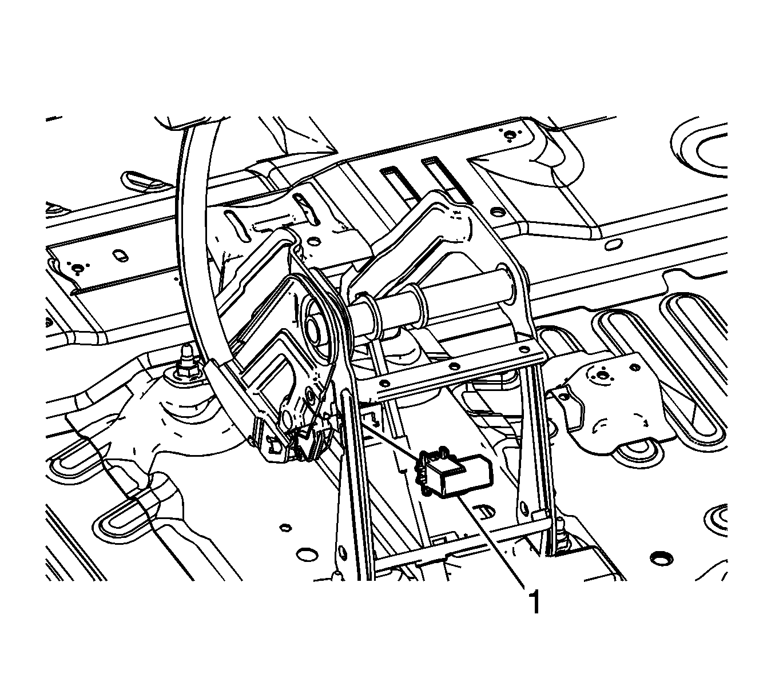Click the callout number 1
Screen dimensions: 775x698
(535, 603)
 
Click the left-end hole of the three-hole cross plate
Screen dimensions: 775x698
(384, 383)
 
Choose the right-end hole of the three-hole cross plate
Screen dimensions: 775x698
(524, 349)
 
